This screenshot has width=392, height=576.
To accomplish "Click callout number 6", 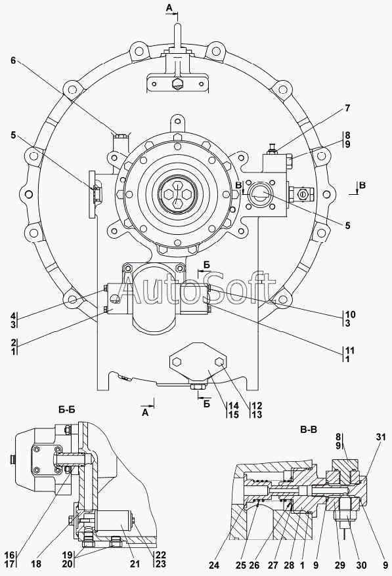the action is [x=13, y=60].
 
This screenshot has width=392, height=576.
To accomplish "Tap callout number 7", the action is [x=347, y=108].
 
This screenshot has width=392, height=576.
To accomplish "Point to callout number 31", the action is [x=381, y=437].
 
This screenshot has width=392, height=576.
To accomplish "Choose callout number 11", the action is [x=349, y=350].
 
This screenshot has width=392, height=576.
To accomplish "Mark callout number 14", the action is [x=234, y=406].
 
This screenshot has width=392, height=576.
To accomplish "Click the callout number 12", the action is [x=257, y=406].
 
